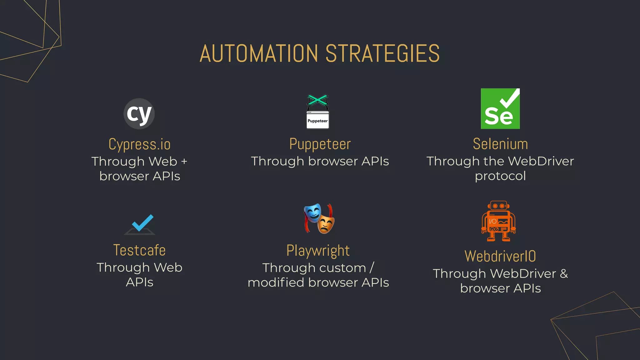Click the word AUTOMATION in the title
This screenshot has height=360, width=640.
(259, 53)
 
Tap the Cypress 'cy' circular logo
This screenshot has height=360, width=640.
(139, 114)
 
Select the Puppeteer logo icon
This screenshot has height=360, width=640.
(317, 112)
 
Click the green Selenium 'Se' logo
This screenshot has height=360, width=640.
(500, 109)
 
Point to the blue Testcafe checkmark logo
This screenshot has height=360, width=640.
(140, 224)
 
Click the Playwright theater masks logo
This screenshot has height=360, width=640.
(319, 218)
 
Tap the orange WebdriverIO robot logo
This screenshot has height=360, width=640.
(498, 221)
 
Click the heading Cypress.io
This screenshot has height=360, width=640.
(139, 144)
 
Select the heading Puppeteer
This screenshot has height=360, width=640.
(320, 144)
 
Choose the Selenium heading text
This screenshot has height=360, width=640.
(500, 144)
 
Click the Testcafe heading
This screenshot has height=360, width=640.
(139, 250)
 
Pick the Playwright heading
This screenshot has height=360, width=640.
(318, 251)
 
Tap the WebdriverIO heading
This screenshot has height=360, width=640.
(500, 256)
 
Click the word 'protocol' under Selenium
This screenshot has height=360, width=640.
(500, 176)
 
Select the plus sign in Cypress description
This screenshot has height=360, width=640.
(184, 162)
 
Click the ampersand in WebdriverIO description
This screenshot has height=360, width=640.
(564, 274)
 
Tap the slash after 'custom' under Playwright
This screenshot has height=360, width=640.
(372, 268)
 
